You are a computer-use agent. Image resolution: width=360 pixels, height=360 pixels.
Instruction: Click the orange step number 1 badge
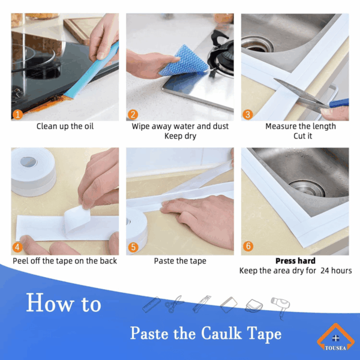pos(17,115)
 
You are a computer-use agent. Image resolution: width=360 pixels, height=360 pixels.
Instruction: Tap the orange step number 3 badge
pos(248,115)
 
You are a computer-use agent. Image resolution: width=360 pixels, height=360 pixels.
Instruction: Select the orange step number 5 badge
pos(133,247)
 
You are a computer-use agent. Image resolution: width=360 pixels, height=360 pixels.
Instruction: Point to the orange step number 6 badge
pos(248,246)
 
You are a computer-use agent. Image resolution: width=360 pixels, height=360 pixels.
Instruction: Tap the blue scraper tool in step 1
pos(92,71)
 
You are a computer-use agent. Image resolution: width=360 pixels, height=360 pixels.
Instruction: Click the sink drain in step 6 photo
pos(307,188)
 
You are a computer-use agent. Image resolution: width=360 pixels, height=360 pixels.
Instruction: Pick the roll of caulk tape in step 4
pos(33,172)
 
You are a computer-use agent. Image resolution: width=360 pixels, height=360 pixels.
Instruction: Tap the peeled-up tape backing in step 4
pos(77,218)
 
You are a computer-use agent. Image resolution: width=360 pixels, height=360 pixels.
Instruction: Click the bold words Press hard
pos(295,261)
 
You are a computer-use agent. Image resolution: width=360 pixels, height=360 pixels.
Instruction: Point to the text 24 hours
pos(336,271)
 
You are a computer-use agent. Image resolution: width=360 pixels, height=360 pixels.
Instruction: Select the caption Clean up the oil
pos(65,126)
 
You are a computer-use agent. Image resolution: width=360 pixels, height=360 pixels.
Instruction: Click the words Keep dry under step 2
pos(180,136)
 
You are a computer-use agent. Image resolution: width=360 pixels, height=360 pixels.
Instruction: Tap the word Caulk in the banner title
pos(221,333)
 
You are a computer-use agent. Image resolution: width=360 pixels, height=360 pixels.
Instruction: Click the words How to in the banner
pos(64,303)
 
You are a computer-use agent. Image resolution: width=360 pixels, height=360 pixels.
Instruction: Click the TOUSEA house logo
pos(335,337)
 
